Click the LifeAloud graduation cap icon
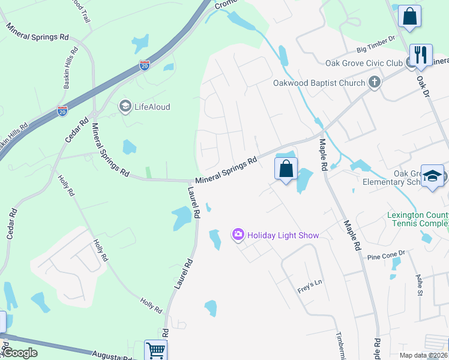(x=125, y=107)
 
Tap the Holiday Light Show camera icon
(x=238, y=235)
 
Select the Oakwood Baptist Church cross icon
(x=375, y=83)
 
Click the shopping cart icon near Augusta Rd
(x=155, y=350)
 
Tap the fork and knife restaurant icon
(x=420, y=55)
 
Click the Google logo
(x=20, y=353)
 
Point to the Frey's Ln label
(x=310, y=290)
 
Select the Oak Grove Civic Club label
(x=364, y=63)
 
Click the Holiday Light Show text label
(x=283, y=235)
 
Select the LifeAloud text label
(x=152, y=107)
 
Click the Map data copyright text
(x=424, y=355)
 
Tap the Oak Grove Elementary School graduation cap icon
(x=432, y=176)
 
